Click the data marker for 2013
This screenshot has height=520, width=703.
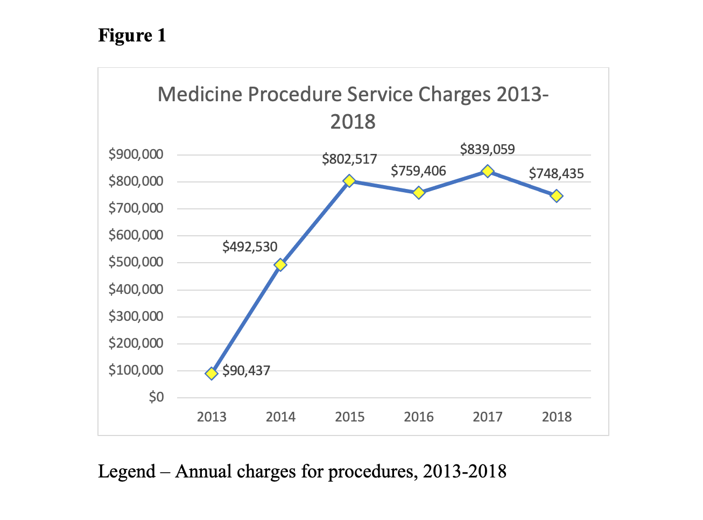pyautogui.click(x=212, y=373)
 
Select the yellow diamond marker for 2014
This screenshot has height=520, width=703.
pyautogui.click(x=280, y=265)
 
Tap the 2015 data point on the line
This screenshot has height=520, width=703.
pyautogui.click(x=349, y=181)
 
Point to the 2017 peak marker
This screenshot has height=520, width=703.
pyautogui.click(x=488, y=171)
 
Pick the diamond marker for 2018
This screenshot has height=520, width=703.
pyautogui.click(x=557, y=196)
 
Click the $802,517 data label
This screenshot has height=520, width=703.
pyautogui.click(x=349, y=159)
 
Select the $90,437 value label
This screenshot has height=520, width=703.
pyautogui.click(x=246, y=371)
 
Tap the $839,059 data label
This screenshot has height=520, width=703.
pyautogui.click(x=487, y=150)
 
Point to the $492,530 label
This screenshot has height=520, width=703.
pyautogui.click(x=250, y=247)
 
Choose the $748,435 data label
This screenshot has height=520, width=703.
pyautogui.click(x=556, y=174)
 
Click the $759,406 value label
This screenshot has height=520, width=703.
pyautogui.click(x=418, y=171)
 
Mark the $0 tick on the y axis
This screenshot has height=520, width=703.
pyautogui.click(x=156, y=397)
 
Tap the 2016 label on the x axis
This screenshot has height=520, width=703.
pyautogui.click(x=419, y=417)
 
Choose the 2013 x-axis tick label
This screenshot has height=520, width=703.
pyautogui.click(x=212, y=417)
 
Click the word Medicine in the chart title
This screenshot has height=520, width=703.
pyautogui.click(x=199, y=95)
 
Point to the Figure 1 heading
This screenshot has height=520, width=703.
pyautogui.click(x=132, y=36)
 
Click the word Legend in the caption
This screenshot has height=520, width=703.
pyautogui.click(x=126, y=472)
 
